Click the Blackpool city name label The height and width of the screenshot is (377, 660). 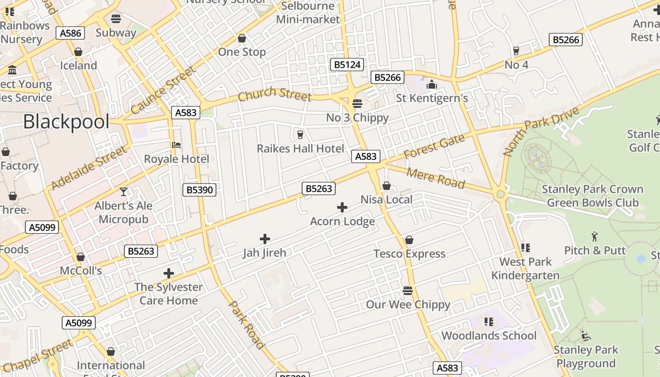point(66,122)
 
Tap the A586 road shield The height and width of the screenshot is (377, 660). point(71,33)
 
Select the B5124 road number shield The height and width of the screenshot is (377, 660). point(347,65)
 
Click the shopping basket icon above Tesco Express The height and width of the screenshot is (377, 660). point(409,240)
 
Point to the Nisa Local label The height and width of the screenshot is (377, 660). point(386,199)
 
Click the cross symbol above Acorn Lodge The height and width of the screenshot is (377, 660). point(342,207)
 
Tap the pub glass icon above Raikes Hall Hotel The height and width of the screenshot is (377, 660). point(300,135)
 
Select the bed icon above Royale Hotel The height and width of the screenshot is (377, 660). point(176,145)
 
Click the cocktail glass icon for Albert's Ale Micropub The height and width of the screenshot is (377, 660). point(124,192)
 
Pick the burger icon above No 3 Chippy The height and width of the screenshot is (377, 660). point(357,104)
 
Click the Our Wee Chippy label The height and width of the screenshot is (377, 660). point(408,304)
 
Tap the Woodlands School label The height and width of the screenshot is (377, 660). point(489,336)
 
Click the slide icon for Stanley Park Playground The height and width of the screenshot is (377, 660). point(586,336)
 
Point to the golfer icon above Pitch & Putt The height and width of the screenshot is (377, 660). point(594,237)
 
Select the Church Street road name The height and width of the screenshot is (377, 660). point(274,94)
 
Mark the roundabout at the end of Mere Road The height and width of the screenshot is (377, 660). point(500,194)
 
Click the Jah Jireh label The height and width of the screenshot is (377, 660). point(264,253)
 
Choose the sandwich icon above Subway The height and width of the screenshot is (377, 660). point(116,19)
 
